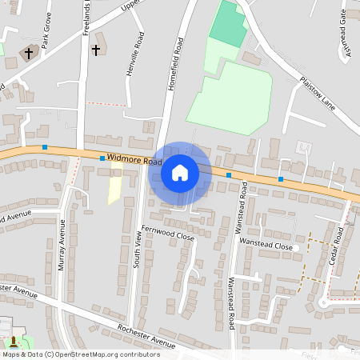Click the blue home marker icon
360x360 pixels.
point(180,172)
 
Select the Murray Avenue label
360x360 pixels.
point(62,254)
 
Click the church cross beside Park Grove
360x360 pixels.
point(29,54)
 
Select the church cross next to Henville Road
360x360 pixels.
point(96,50)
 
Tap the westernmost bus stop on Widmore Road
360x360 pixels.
point(46,147)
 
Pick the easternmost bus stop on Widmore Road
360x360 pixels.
point(281,179)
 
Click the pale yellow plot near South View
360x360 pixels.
point(115,190)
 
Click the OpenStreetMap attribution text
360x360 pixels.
point(81,354)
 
